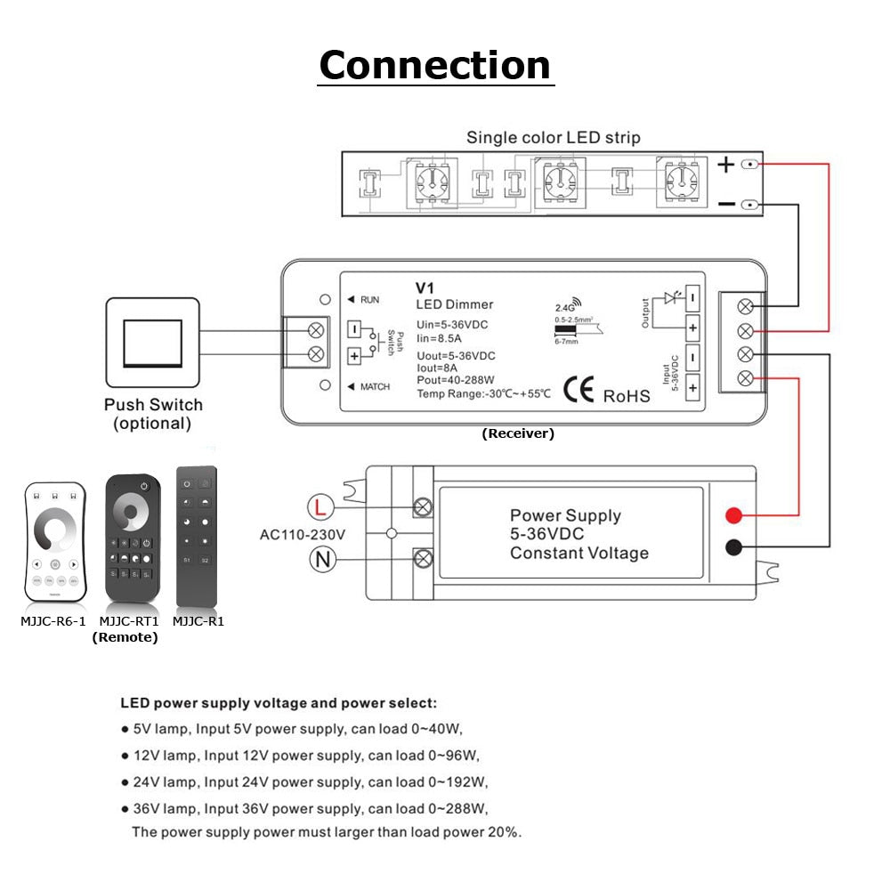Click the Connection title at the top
(x=435, y=65)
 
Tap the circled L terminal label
(x=321, y=508)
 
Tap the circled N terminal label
(x=321, y=559)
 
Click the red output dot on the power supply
(x=733, y=515)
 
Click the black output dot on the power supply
(x=733, y=547)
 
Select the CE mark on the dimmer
(x=578, y=392)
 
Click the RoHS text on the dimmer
(x=627, y=395)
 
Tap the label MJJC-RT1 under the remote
(x=129, y=621)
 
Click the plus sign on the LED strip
(x=726, y=165)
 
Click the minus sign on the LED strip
(x=726, y=205)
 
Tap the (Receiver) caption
(x=518, y=434)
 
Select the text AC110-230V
(x=302, y=535)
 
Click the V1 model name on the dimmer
(x=424, y=287)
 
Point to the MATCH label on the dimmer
(x=375, y=386)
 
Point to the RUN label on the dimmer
(x=369, y=300)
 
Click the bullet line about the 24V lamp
(x=305, y=782)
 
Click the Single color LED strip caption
(x=553, y=138)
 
